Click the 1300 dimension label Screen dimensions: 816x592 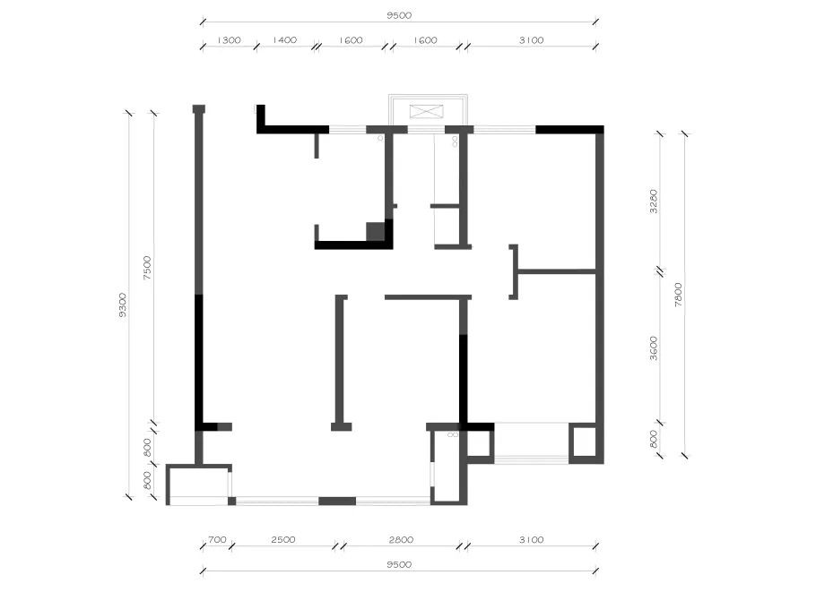tap(229, 40)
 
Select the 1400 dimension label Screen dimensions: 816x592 tap(284, 40)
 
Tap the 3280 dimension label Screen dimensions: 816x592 tap(655, 202)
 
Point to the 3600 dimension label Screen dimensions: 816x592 tap(655, 348)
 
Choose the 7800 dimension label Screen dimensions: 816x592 tap(678, 294)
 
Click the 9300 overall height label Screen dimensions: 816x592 tap(122, 305)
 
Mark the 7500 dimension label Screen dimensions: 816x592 tap(147, 268)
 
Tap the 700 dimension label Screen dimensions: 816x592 tap(217, 539)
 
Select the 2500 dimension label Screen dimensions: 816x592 tap(283, 539)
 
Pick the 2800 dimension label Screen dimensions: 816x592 tap(401, 539)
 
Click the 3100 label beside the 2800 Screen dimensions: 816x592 tap(532, 539)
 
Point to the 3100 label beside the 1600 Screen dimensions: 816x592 tap(532, 40)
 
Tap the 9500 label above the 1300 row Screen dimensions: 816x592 tap(399, 15)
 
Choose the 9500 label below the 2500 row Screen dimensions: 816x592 tap(399, 564)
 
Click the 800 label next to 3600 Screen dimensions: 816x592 tap(655, 439)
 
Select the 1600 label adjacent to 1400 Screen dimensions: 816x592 tap(351, 40)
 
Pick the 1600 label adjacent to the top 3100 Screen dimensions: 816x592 tap(425, 40)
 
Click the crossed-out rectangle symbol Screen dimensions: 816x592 tap(427, 111)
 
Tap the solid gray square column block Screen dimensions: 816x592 tap(375, 231)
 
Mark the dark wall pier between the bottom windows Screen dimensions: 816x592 tap(337, 501)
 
